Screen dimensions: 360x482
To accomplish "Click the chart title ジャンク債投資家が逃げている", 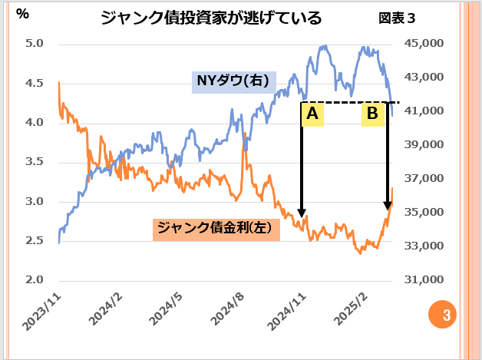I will coord(211,17).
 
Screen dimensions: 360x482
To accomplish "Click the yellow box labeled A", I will coord(312,114).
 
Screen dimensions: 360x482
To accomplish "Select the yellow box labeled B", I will coord(372,114).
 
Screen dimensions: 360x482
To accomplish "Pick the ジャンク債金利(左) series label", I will coord(216,228).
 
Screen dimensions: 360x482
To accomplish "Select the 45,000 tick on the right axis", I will coord(423,44).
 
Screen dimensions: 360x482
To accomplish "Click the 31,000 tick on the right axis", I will coord(423,280).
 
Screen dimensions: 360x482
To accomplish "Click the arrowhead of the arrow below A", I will coord(302,211).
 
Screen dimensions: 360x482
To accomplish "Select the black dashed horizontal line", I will coord(345,102).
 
